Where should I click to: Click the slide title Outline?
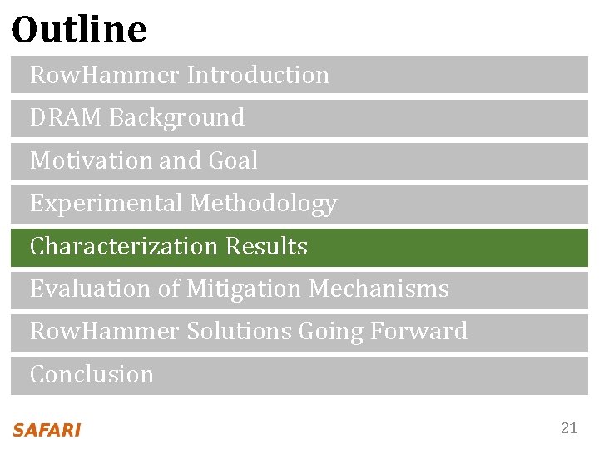point(80,30)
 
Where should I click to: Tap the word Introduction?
point(258,75)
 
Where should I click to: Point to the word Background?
point(177,118)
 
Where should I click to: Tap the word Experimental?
point(106,204)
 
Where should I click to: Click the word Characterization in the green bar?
point(123,247)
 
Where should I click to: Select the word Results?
point(267,247)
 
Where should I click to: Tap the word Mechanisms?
point(379,289)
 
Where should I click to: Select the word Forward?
point(418,332)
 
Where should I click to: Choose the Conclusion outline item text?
point(92,375)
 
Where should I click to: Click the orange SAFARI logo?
point(47,430)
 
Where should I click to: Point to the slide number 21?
point(569,428)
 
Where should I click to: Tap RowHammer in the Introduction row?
point(105,75)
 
